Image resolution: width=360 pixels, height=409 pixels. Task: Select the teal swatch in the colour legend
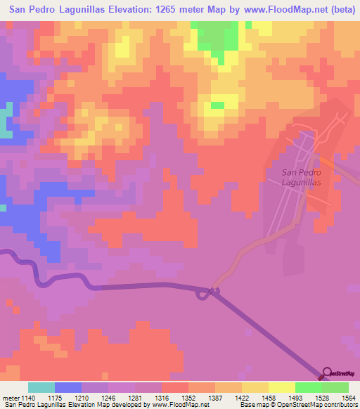tap(41, 387)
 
